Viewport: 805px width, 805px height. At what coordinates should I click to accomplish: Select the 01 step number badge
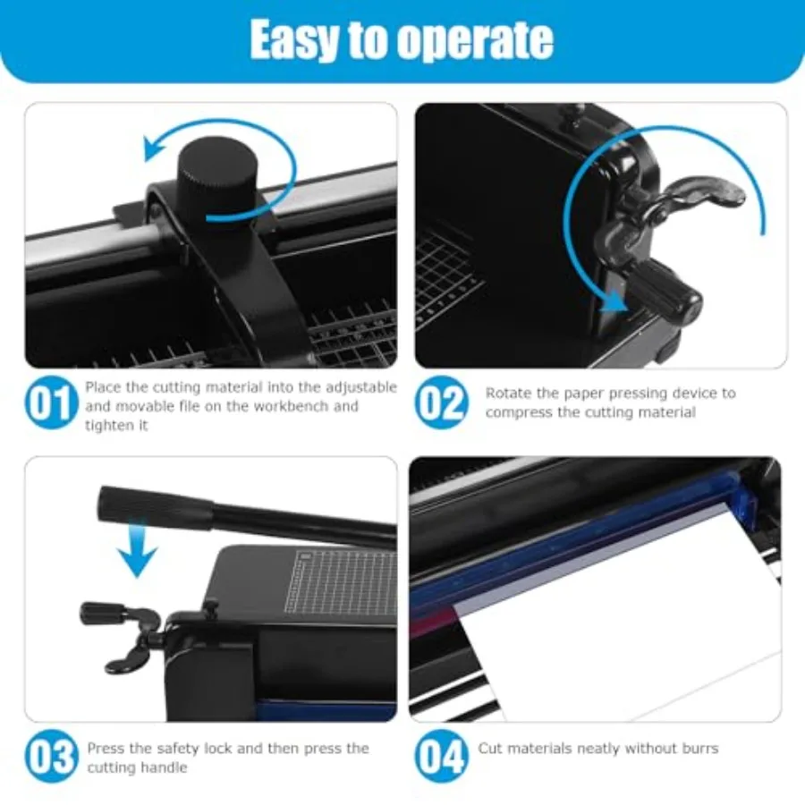50,402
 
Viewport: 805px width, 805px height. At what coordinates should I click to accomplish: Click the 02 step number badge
441,402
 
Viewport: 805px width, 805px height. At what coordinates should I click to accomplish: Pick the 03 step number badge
51,757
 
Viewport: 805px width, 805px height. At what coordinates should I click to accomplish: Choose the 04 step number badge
441,757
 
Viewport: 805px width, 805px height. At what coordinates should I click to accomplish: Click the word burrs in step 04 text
700,749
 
